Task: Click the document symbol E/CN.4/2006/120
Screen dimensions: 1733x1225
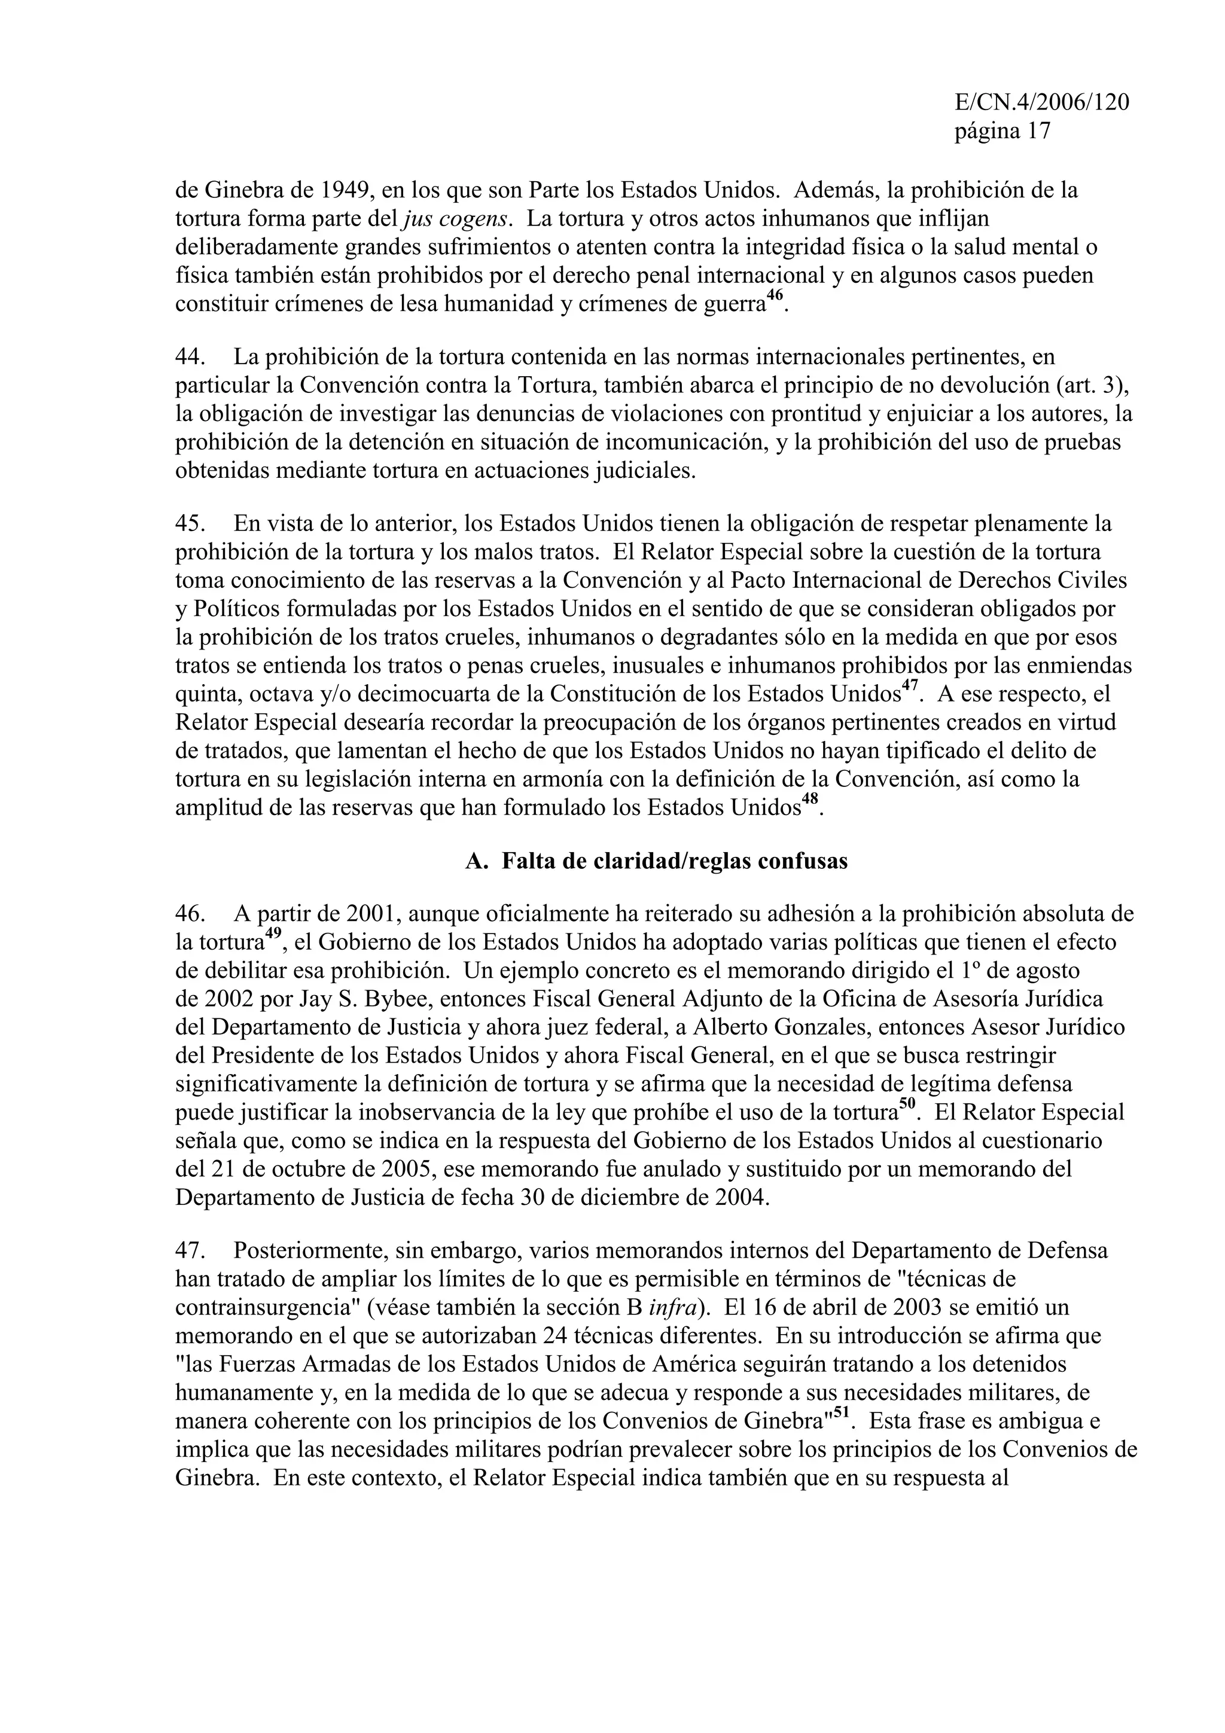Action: coord(1041,103)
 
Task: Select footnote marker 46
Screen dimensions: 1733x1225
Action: coord(775,297)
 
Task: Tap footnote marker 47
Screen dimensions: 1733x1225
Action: coord(910,687)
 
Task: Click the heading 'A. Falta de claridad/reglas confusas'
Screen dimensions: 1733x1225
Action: coord(656,861)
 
